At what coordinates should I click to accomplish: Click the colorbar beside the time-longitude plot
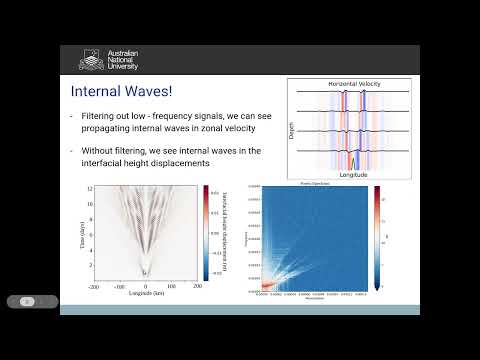(206, 229)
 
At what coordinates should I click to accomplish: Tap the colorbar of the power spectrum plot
(377, 236)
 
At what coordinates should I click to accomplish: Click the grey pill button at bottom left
(32, 301)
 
